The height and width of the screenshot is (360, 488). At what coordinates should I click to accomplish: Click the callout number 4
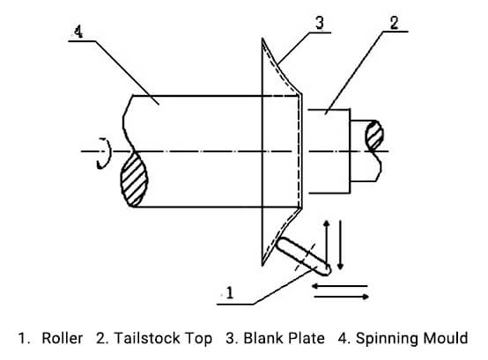pyautogui.click(x=78, y=32)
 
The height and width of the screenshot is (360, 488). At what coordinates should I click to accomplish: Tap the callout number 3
pyautogui.click(x=320, y=23)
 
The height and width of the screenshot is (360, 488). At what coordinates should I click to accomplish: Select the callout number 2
pyautogui.click(x=394, y=23)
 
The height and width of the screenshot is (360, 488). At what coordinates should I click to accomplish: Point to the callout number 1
pyautogui.click(x=230, y=292)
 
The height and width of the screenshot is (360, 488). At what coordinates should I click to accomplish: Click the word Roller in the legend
pyautogui.click(x=63, y=338)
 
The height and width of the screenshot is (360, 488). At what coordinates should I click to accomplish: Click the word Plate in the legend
pyautogui.click(x=306, y=338)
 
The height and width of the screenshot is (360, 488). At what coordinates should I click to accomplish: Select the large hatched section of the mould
pyautogui.click(x=134, y=180)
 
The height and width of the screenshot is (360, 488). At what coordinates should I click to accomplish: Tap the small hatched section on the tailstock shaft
pyautogui.click(x=374, y=136)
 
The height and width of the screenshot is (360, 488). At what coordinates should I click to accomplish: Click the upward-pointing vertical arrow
pyautogui.click(x=326, y=241)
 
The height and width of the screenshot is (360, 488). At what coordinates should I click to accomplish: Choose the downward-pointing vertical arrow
pyautogui.click(x=340, y=245)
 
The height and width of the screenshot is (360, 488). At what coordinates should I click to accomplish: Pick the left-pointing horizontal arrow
pyautogui.click(x=339, y=286)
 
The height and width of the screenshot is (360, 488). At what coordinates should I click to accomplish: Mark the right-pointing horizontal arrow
pyautogui.click(x=342, y=297)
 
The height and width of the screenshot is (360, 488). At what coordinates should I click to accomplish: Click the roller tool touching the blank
pyautogui.click(x=303, y=256)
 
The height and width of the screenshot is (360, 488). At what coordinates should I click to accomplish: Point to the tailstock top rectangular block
pyautogui.click(x=329, y=151)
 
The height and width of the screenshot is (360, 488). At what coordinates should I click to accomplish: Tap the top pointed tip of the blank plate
pyautogui.click(x=263, y=39)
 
